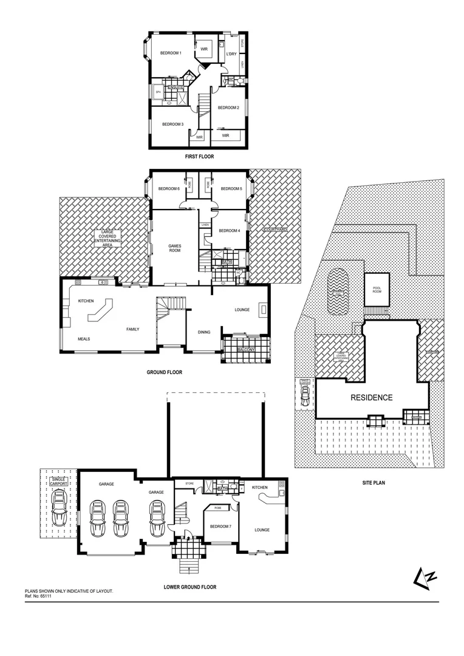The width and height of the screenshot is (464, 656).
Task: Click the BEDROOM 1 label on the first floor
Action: click(x=171, y=53)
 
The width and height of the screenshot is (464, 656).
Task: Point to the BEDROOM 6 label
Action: click(x=169, y=189)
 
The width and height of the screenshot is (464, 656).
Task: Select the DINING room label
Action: click(x=204, y=332)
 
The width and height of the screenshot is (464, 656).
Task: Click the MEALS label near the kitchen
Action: click(x=84, y=339)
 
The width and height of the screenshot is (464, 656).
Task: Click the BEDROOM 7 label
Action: click(x=220, y=526)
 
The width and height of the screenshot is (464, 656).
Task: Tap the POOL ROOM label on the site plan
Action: click(x=372, y=290)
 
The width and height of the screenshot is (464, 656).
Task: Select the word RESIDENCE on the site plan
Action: click(x=372, y=398)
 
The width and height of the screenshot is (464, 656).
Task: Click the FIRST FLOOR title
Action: click(x=199, y=157)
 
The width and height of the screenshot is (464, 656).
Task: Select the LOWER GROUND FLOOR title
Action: click(x=189, y=587)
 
